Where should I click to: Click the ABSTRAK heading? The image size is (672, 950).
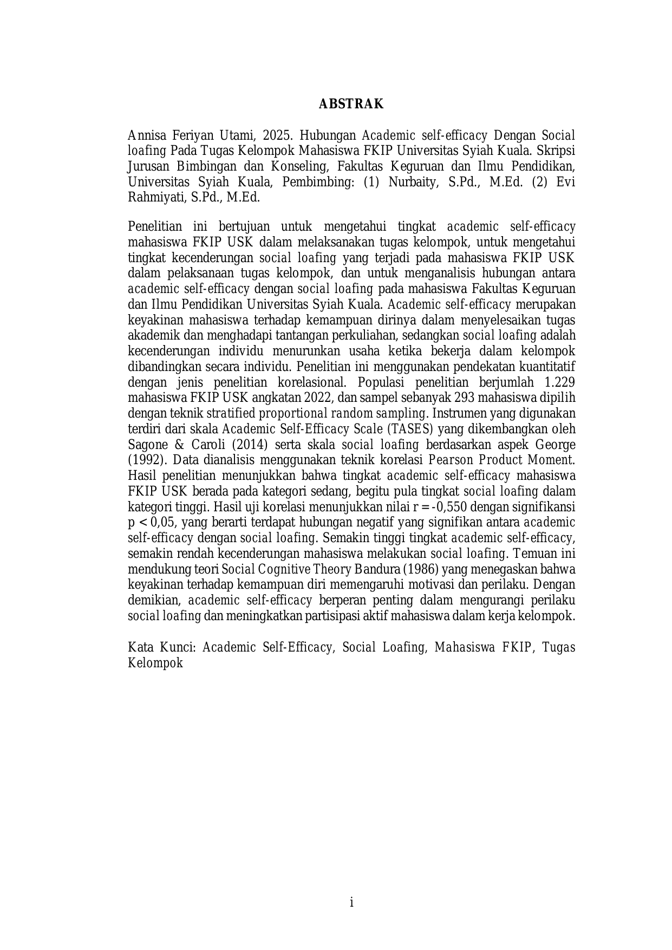coord(351,104)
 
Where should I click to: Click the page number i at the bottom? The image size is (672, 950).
coord(351,902)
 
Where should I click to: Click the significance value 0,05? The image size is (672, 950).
coord(162,523)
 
